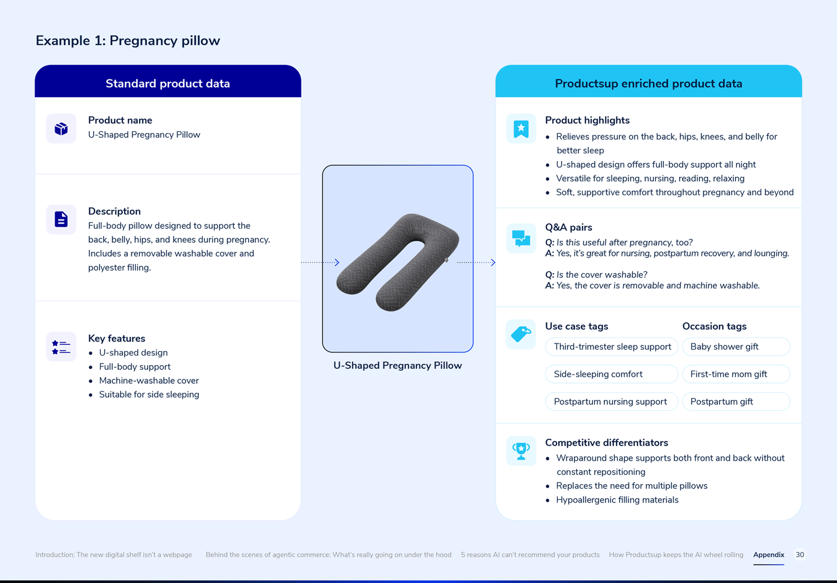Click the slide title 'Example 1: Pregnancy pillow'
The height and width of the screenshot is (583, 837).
[128, 41]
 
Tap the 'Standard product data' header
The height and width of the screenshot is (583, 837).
[168, 84]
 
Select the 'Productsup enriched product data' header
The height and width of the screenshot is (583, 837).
[648, 84]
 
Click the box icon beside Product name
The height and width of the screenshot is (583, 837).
[61, 129]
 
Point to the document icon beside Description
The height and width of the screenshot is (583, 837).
[61, 220]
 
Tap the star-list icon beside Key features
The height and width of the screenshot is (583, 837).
[61, 347]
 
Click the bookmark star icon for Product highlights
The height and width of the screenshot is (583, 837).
[521, 129]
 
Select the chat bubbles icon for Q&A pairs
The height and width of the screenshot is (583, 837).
[521, 239]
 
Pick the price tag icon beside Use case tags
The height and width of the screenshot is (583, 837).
[521, 334]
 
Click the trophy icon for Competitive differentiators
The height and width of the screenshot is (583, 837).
[521, 451]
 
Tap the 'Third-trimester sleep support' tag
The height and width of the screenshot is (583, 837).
[612, 347]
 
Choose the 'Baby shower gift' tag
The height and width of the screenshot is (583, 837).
[736, 347]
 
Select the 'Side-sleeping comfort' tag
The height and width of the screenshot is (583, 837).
[612, 374]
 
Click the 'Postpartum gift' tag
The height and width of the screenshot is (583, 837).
[736, 402]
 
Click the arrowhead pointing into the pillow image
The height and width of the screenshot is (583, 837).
[337, 262]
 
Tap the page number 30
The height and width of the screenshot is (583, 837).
[799, 554]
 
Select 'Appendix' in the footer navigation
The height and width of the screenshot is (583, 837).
[769, 554]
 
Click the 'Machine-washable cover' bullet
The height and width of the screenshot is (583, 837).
[149, 381]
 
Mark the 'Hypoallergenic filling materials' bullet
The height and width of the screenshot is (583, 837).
[617, 500]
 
